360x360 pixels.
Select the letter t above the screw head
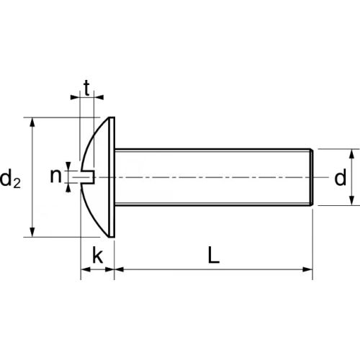tap(86, 89)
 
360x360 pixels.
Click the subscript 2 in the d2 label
tap(17, 183)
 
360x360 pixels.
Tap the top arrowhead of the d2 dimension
tap(32, 123)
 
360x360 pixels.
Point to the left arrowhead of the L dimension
tap(119, 271)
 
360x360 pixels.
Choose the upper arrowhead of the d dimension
tap(353, 153)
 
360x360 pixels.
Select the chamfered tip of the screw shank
tap(311, 177)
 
